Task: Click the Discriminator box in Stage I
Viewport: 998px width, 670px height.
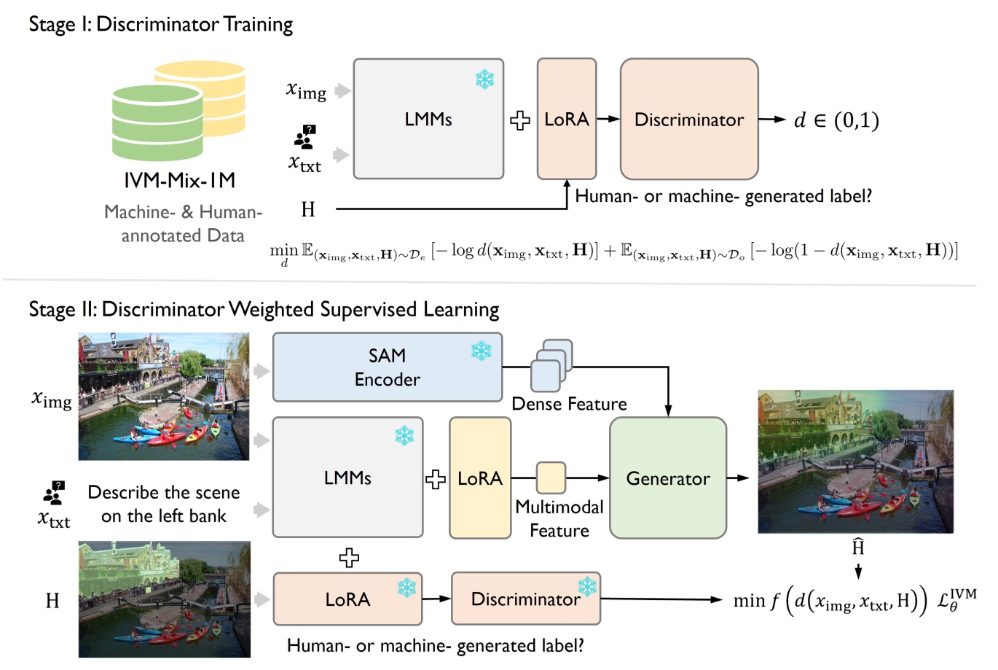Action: pyautogui.click(x=688, y=119)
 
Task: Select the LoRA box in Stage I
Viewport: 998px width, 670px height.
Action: pyautogui.click(x=566, y=119)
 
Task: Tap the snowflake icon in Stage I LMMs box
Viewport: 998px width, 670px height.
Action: pyautogui.click(x=484, y=79)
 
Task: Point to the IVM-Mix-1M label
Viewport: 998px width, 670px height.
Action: pyautogui.click(x=179, y=180)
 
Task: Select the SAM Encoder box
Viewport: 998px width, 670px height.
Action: pyautogui.click(x=387, y=367)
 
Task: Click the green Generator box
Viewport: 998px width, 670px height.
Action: pyautogui.click(x=667, y=478)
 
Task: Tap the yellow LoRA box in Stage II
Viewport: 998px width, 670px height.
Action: pyautogui.click(x=479, y=478)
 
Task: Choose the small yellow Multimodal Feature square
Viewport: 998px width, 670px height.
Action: pyautogui.click(x=551, y=478)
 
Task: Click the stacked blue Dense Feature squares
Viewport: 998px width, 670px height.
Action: pyautogui.click(x=551, y=365)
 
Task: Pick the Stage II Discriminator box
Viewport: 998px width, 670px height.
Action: pyautogui.click(x=525, y=599)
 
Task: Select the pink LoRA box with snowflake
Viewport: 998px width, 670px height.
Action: pyautogui.click(x=347, y=599)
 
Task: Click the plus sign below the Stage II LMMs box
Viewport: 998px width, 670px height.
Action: pyautogui.click(x=349, y=558)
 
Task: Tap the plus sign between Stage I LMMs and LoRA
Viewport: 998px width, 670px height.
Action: pyautogui.click(x=519, y=120)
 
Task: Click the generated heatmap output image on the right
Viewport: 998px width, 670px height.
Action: pyautogui.click(x=855, y=461)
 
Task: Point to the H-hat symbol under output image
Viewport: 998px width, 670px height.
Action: pyautogui.click(x=858, y=547)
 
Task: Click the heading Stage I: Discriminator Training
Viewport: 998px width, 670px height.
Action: pyautogui.click(x=160, y=24)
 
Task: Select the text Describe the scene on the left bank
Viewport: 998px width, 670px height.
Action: pyautogui.click(x=163, y=504)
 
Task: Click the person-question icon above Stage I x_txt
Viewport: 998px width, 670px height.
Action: pyautogui.click(x=304, y=136)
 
